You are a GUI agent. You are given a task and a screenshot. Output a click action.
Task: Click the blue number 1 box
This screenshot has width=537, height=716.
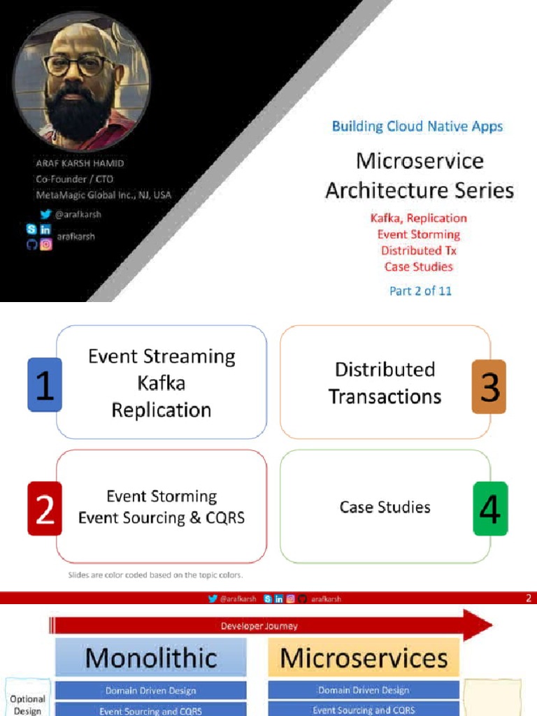45,384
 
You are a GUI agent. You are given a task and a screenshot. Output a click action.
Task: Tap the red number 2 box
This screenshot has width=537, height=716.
45,508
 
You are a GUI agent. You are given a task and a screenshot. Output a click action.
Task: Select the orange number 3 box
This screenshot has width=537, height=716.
489,386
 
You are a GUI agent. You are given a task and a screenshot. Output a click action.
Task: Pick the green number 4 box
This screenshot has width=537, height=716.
490,508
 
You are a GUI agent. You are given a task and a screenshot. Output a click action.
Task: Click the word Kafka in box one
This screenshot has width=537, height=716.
161,383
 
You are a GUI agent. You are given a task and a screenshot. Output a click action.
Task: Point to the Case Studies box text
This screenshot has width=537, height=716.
385,507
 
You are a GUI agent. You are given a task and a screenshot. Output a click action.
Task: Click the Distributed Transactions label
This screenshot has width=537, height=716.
385,383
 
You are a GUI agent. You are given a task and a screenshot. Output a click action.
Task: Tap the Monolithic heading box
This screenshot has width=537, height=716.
151,658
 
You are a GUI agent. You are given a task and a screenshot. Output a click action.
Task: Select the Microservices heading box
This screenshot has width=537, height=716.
364,658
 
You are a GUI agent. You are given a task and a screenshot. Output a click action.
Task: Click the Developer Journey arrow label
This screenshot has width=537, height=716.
259,626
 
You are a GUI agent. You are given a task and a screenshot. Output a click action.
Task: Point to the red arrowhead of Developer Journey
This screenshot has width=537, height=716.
477,625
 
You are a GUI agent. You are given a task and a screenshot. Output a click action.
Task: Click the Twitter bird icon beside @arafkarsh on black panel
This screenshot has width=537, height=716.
46,215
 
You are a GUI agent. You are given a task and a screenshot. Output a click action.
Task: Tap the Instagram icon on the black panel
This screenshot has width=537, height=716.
46,244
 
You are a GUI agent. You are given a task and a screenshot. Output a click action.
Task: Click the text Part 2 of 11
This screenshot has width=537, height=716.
420,291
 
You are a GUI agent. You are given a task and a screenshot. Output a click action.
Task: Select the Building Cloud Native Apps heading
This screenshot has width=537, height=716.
417,127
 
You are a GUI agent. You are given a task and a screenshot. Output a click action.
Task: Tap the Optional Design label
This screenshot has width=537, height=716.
28,705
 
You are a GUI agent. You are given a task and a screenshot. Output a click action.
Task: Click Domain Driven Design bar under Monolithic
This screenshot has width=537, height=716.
151,690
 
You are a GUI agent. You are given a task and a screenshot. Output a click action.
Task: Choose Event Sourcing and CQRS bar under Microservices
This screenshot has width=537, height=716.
364,710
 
